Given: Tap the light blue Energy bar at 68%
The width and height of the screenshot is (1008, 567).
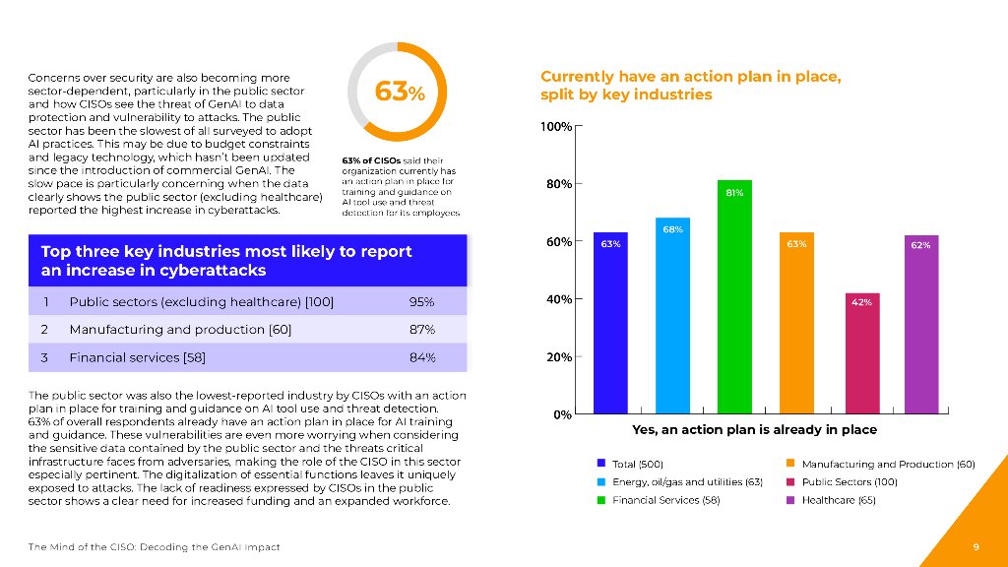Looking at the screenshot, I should click(x=672, y=315).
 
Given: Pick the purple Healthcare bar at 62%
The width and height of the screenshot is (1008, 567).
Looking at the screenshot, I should click(x=920, y=324).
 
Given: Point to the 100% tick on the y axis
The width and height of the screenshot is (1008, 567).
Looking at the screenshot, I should click(x=557, y=127).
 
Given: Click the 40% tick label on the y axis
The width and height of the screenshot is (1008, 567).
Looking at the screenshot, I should click(x=557, y=299).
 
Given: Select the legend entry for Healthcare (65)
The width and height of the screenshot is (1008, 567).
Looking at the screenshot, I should click(x=838, y=500).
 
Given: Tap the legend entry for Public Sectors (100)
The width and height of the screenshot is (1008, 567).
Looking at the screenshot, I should click(x=849, y=482).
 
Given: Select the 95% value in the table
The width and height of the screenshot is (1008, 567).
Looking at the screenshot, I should click(x=421, y=302).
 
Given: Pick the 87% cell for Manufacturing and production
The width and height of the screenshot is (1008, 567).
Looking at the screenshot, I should click(x=421, y=330).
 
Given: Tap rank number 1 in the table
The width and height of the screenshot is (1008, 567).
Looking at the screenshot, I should click(x=45, y=302).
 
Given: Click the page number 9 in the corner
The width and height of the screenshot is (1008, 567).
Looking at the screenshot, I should click(x=975, y=546).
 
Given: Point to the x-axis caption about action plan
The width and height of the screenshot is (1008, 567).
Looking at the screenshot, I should click(x=754, y=430).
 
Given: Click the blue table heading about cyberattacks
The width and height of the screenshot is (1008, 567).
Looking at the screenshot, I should click(x=226, y=260).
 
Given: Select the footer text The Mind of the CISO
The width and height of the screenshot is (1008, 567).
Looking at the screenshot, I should click(x=154, y=546).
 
